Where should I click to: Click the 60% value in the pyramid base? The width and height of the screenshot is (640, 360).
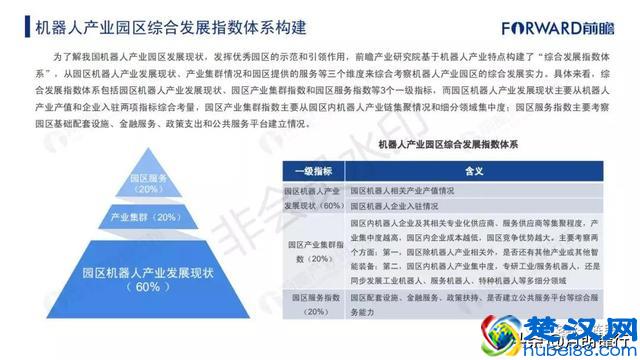(147, 287)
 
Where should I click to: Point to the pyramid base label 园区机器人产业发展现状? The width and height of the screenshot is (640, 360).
(147, 269)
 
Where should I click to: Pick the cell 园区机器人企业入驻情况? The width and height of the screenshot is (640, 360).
(397, 206)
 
